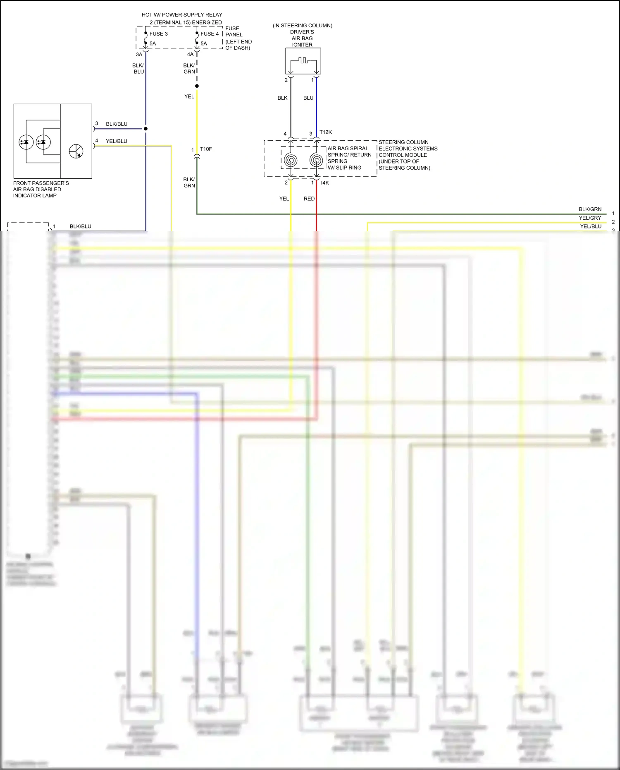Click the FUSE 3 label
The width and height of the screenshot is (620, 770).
tap(158, 34)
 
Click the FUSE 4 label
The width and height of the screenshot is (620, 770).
tap(210, 34)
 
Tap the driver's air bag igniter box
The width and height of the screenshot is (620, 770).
tap(303, 61)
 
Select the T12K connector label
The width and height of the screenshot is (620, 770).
tap(326, 132)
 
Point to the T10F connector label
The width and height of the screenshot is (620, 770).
tap(206, 149)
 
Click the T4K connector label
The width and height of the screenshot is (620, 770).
tap(324, 183)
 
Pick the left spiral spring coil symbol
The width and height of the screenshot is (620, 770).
tap(291, 160)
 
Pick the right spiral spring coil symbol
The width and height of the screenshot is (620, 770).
tap(316, 160)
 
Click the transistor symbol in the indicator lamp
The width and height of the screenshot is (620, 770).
tap(76, 151)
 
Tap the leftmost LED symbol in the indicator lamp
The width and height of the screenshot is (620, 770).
tap(26, 142)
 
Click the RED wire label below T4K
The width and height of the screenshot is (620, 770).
tap(309, 199)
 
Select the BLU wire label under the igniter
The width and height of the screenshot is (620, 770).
tap(308, 98)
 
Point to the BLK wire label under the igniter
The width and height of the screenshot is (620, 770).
tap(282, 98)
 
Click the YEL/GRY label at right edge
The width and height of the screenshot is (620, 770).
tap(590, 218)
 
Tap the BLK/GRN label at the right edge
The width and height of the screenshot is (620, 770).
tap(590, 209)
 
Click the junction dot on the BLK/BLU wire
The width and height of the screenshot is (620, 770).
tap(145, 129)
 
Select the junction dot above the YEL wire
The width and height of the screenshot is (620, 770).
tap(197, 86)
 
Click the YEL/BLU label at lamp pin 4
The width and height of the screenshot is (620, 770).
tap(117, 141)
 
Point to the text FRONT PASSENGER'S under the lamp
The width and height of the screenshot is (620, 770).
tap(41, 183)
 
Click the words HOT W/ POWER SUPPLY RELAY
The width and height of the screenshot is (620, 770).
tap(182, 15)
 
